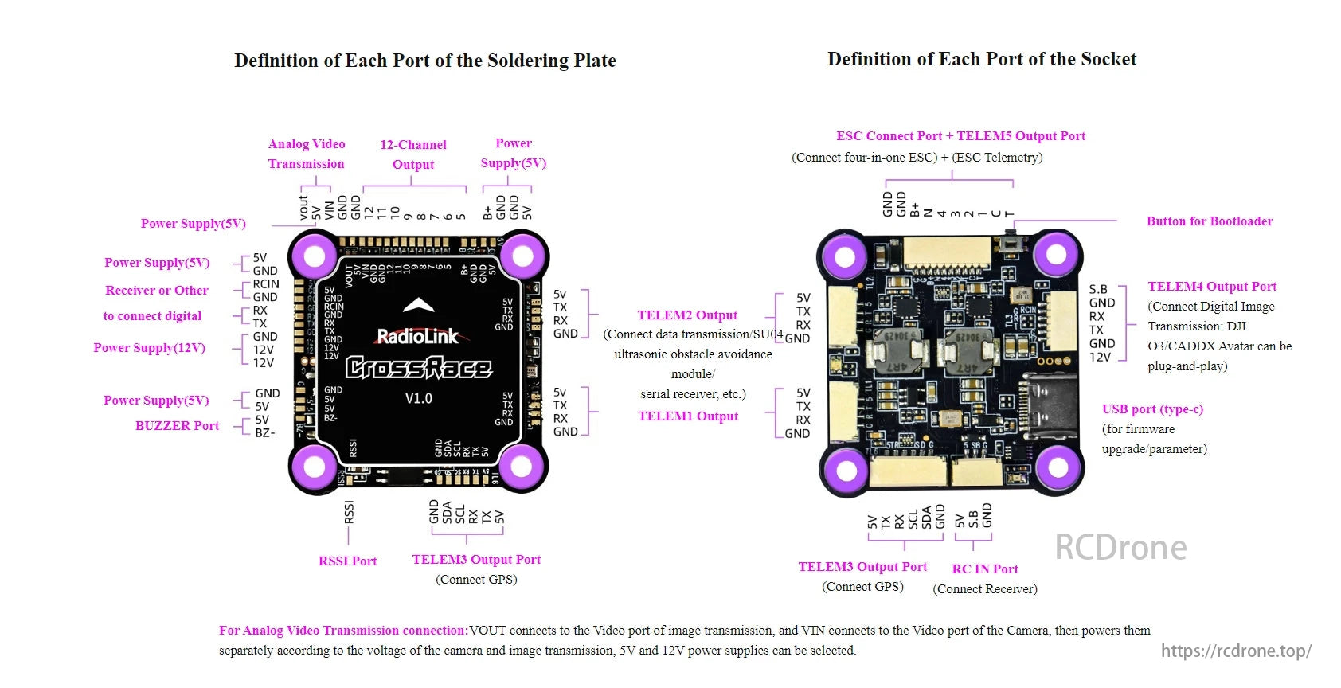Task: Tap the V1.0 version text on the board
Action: [x=418, y=398]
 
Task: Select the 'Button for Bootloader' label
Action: [x=1209, y=221]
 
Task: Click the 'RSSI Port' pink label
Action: [x=347, y=561]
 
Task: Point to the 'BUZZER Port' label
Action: [x=177, y=426]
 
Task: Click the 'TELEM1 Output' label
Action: [x=688, y=416]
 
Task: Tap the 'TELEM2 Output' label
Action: [x=687, y=315]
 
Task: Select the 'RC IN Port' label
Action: [x=984, y=569]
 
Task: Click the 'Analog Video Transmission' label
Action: [x=307, y=154]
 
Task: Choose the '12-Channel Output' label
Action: [x=412, y=154]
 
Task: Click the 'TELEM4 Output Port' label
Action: [x=1211, y=287]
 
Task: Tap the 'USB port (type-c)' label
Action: [x=1151, y=409]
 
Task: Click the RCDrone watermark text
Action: [x=1120, y=548]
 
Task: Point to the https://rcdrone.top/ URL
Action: [x=1235, y=651]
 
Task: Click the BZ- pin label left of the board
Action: [x=264, y=433]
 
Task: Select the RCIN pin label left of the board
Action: [x=266, y=283]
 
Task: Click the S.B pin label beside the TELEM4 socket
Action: [x=1098, y=289]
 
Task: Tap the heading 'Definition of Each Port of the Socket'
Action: [x=981, y=59]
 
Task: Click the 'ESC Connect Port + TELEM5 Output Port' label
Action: [x=960, y=136]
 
